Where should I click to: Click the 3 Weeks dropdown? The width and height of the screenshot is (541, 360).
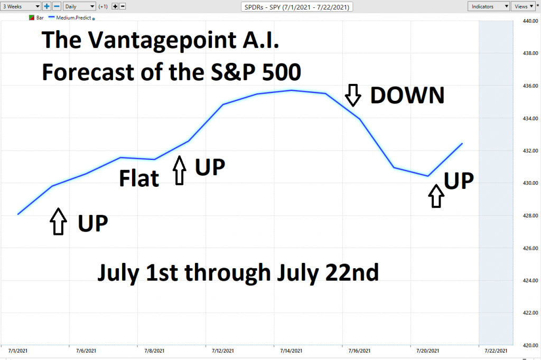[x=21, y=6]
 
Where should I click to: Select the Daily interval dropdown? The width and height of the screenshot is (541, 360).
[x=79, y=6]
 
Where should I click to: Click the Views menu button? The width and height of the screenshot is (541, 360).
[x=524, y=6]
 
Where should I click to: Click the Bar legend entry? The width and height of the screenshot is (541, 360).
[x=36, y=17]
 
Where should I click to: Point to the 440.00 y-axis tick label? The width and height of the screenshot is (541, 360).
[x=530, y=21]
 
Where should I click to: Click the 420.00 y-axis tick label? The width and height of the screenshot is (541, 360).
[x=530, y=345]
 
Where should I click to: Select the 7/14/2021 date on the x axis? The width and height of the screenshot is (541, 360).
[x=291, y=350]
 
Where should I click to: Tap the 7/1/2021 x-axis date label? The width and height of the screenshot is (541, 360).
[x=17, y=350]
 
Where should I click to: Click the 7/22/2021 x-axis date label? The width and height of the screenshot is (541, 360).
[x=496, y=350]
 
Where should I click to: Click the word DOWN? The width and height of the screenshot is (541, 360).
[x=407, y=96]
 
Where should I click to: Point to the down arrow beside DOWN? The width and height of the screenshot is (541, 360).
[x=353, y=95]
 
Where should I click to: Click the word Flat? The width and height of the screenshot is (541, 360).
[x=139, y=178]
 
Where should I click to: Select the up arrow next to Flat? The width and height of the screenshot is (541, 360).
[x=179, y=170]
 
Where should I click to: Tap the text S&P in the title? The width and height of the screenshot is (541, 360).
[x=233, y=72]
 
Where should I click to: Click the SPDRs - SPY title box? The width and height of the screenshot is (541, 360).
[x=297, y=6]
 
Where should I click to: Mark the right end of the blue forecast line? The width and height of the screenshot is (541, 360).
[x=462, y=144]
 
